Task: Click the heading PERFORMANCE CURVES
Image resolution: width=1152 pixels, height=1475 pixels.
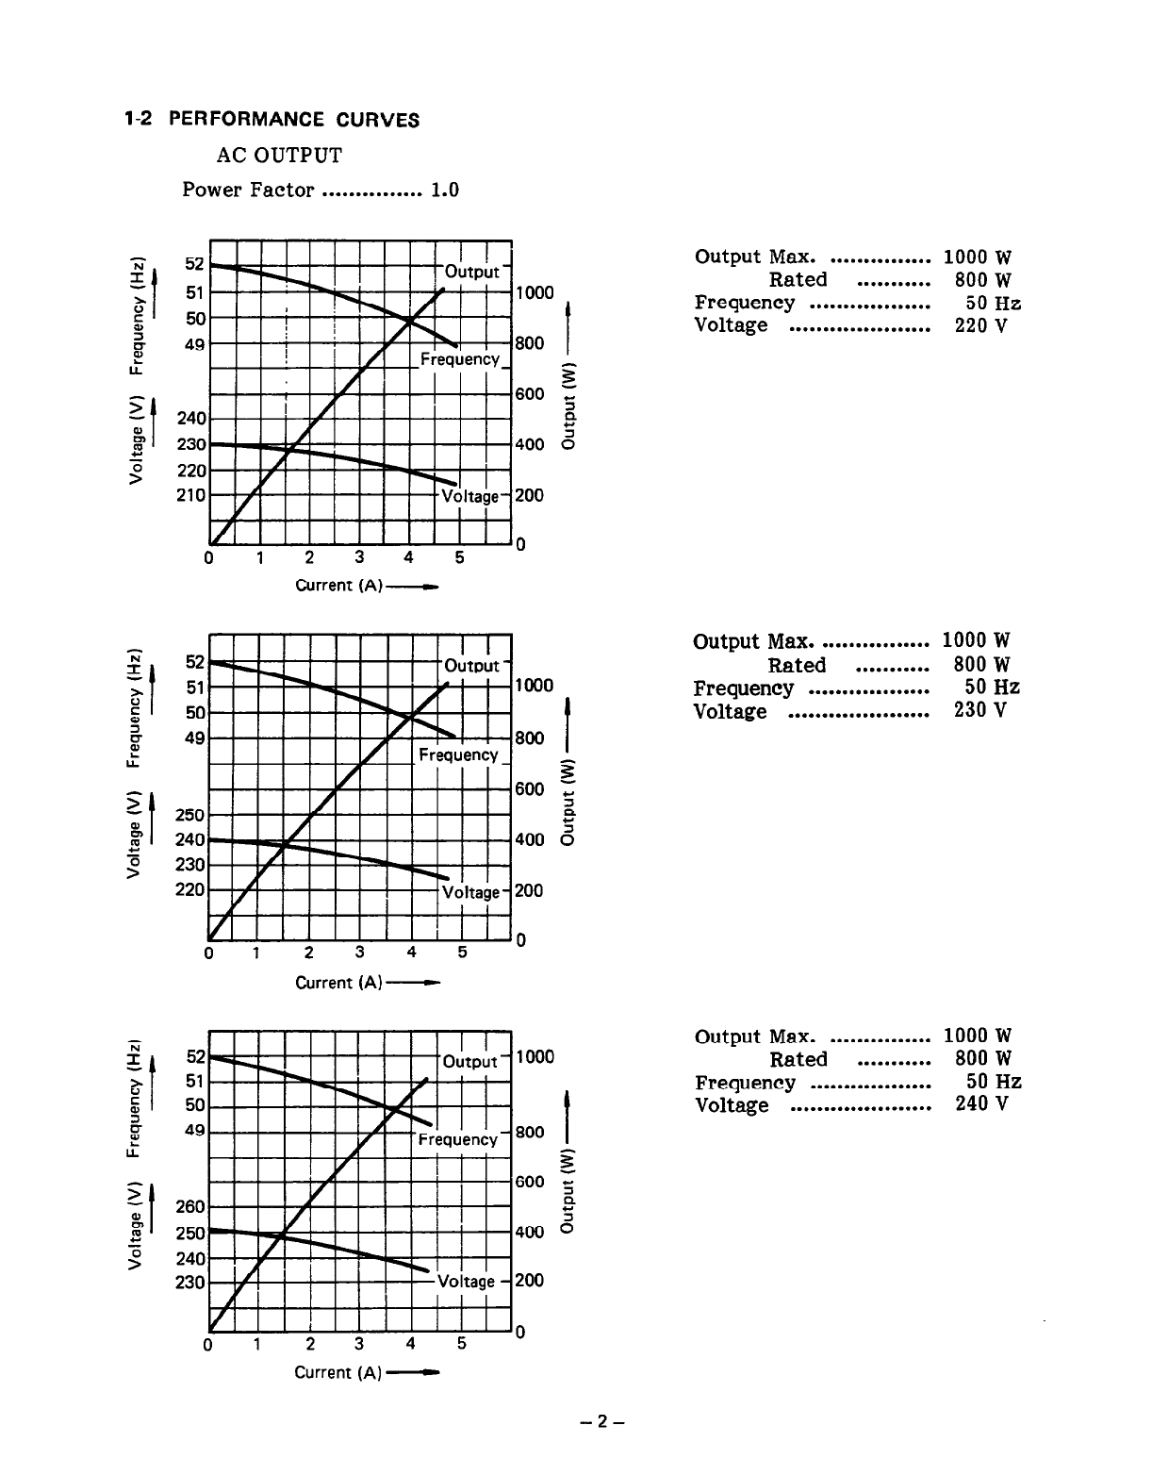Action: [x=301, y=120]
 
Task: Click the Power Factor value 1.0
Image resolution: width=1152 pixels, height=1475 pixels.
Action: [x=445, y=190]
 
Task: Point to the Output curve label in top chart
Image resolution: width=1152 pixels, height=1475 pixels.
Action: [x=471, y=272]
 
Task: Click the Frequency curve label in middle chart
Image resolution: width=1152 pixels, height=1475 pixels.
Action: [x=458, y=754]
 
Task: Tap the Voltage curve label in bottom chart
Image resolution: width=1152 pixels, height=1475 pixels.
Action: [x=466, y=1281]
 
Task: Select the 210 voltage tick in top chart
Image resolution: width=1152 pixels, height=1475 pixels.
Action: [x=191, y=494]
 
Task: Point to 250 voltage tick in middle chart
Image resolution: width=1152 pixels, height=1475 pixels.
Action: [x=191, y=814]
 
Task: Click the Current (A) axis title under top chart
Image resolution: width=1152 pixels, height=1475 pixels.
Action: [x=339, y=586]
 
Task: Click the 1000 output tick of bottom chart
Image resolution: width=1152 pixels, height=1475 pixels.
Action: [x=535, y=1057]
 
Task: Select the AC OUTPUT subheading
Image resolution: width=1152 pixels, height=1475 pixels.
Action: [x=280, y=155]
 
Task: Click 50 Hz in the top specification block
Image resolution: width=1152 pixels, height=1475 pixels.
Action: [x=993, y=303]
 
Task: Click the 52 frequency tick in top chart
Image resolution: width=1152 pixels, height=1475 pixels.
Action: [x=195, y=265]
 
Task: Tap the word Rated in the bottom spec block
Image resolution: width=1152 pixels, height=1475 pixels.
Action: [x=798, y=1059]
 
